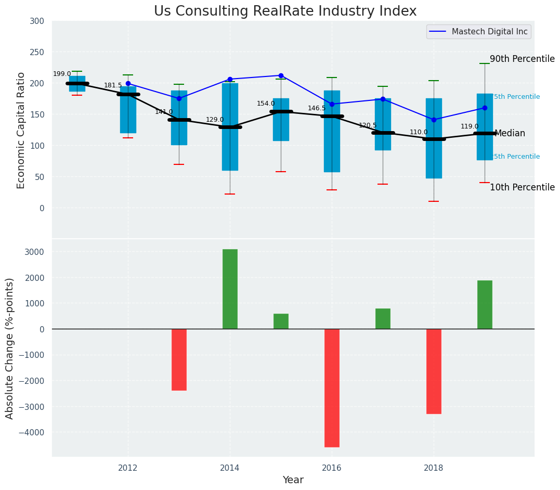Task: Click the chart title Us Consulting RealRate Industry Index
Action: pos(285,11)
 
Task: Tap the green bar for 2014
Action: pos(230,289)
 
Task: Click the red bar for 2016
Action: pos(332,388)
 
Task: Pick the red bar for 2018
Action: pos(434,371)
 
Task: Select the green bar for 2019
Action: pos(485,304)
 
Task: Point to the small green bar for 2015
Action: pos(281,321)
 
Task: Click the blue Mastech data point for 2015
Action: pos(281,75)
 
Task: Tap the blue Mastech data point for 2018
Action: pos(434,120)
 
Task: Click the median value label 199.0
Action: pos(62,74)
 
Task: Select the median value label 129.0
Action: pos(215,120)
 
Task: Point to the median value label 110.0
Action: pos(419,133)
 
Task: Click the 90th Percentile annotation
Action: pos(522,59)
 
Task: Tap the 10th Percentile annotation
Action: pos(522,188)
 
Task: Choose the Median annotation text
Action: pos(510,134)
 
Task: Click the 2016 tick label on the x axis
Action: pos(332,468)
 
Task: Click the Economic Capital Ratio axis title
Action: pos(21,130)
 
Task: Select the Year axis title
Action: pos(293,480)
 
